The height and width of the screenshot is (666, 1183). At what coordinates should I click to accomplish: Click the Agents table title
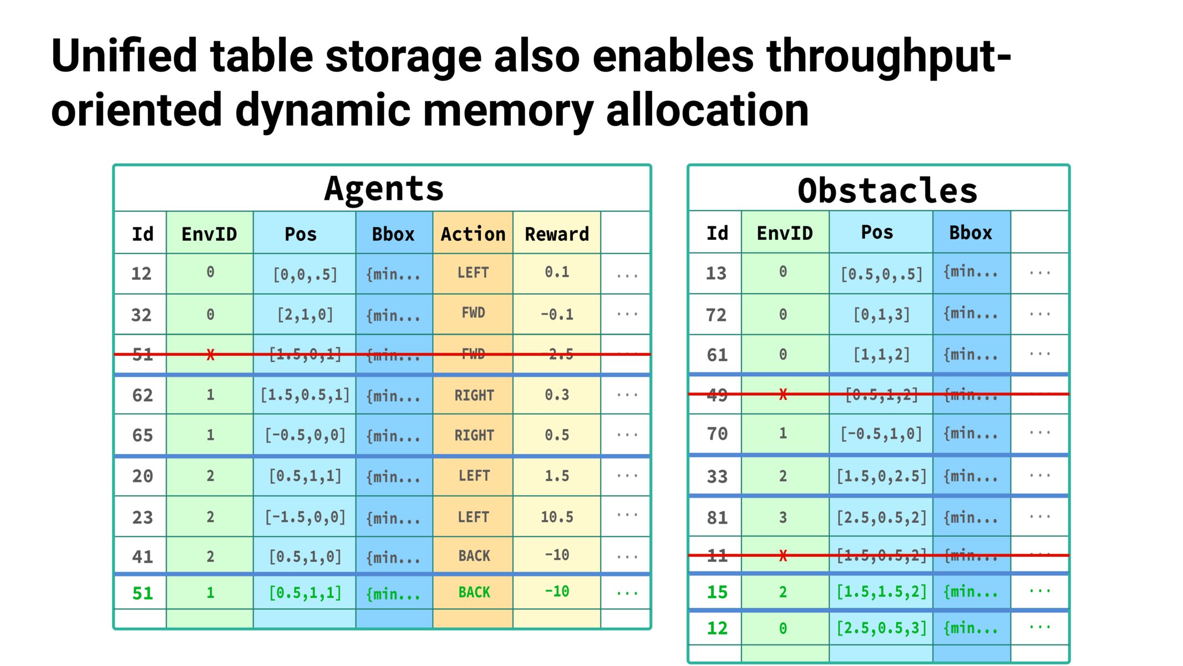[x=384, y=189]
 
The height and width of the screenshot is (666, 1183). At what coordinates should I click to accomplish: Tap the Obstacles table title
[x=887, y=191]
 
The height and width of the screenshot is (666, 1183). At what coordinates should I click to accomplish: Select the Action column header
[x=473, y=234]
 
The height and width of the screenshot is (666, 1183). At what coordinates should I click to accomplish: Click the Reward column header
[x=557, y=234]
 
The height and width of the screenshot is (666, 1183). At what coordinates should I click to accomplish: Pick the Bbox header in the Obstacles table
[x=971, y=233]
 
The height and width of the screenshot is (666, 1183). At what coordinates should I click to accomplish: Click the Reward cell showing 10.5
[x=557, y=517]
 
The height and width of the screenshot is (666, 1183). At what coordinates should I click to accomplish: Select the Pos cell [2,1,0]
[x=305, y=315]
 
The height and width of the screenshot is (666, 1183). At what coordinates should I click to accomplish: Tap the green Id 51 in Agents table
[x=143, y=593]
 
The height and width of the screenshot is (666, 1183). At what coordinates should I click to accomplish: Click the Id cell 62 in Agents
[x=143, y=395]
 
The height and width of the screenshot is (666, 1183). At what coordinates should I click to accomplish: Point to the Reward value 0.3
[x=557, y=395]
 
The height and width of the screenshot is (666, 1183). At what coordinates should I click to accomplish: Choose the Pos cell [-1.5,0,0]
[x=305, y=517]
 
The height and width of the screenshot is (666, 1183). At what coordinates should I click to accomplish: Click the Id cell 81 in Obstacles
[x=717, y=517]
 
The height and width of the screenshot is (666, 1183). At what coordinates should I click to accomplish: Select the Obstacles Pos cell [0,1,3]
[x=882, y=315]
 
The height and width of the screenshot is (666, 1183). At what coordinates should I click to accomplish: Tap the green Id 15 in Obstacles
[x=717, y=592]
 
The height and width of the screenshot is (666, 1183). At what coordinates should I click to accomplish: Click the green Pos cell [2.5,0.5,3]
[x=882, y=628]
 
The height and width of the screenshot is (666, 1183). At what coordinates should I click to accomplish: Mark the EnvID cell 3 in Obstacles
[x=783, y=517]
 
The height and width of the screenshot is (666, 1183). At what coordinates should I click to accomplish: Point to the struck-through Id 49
[x=717, y=395]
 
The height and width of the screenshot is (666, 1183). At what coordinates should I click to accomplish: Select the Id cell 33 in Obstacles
[x=717, y=476]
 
